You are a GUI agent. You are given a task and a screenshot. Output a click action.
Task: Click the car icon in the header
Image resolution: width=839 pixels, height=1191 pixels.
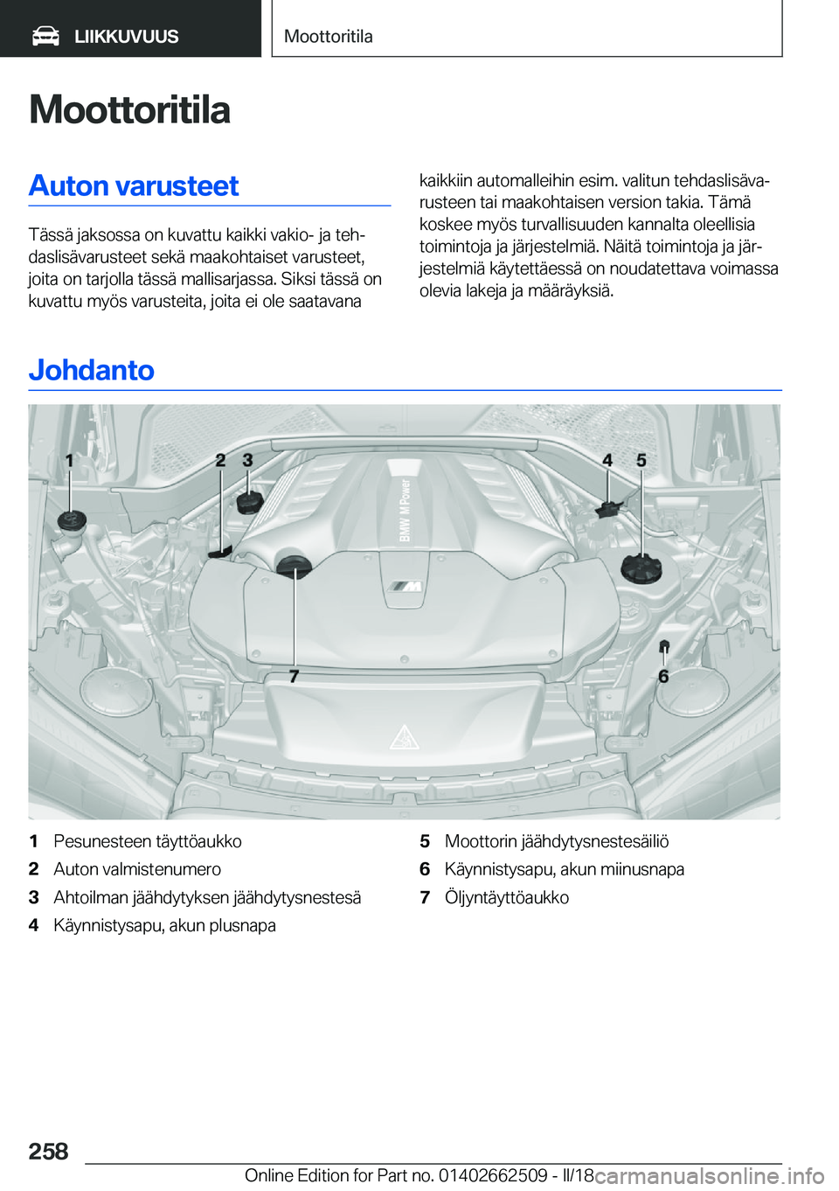click(45, 36)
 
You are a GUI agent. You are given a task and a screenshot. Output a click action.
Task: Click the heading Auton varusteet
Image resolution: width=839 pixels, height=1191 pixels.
click(134, 185)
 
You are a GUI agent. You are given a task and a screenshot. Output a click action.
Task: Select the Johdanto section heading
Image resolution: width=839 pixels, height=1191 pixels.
click(92, 370)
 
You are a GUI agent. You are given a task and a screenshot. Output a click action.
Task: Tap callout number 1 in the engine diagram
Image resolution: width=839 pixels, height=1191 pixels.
click(69, 460)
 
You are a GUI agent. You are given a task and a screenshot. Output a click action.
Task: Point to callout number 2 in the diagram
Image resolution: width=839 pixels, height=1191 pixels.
click(221, 460)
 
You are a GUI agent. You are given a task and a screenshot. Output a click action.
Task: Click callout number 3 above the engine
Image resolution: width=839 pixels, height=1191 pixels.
click(248, 460)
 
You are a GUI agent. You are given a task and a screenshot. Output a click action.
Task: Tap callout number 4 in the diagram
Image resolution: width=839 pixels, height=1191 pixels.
click(607, 460)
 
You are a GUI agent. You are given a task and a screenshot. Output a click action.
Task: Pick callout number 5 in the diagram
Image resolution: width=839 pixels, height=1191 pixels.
click(641, 460)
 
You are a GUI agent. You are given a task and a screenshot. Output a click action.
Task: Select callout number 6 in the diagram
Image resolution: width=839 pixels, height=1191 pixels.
click(663, 676)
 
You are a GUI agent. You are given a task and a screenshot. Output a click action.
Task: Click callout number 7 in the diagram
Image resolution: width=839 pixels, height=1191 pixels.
click(294, 676)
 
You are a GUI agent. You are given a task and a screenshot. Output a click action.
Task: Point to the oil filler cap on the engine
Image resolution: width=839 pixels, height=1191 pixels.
click(294, 566)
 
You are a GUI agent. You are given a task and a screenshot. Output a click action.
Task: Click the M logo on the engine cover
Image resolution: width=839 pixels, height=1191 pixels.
click(405, 587)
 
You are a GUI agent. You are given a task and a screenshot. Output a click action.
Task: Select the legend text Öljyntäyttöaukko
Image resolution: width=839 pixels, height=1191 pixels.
click(507, 897)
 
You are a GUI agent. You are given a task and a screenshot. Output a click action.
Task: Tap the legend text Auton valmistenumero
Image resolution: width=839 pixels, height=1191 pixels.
click(137, 869)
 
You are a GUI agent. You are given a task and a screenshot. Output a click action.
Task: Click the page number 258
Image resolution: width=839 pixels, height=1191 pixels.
click(48, 1151)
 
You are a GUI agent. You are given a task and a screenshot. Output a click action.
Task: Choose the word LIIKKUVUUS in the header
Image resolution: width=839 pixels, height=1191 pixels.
click(126, 37)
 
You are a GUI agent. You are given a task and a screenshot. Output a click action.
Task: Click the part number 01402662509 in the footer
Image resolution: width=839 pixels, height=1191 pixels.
click(493, 1175)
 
